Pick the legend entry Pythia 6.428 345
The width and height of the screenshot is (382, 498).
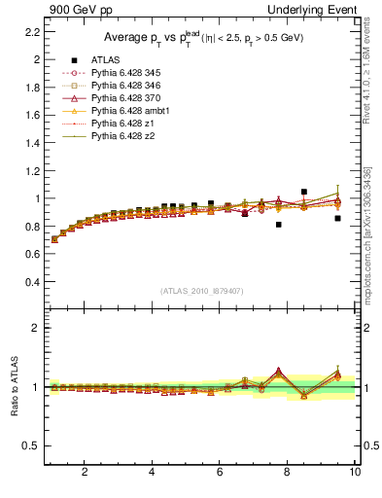(125, 73)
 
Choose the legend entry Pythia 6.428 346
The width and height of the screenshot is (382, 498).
(125, 86)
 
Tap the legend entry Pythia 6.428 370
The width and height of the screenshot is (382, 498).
(125, 98)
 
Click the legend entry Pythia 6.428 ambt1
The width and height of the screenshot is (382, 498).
(129, 111)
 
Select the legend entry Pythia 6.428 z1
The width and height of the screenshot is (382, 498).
(122, 124)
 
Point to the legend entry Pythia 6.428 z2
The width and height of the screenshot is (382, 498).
(122, 136)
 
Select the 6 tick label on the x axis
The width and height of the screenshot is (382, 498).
(220, 473)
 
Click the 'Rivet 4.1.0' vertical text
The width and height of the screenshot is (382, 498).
(373, 68)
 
